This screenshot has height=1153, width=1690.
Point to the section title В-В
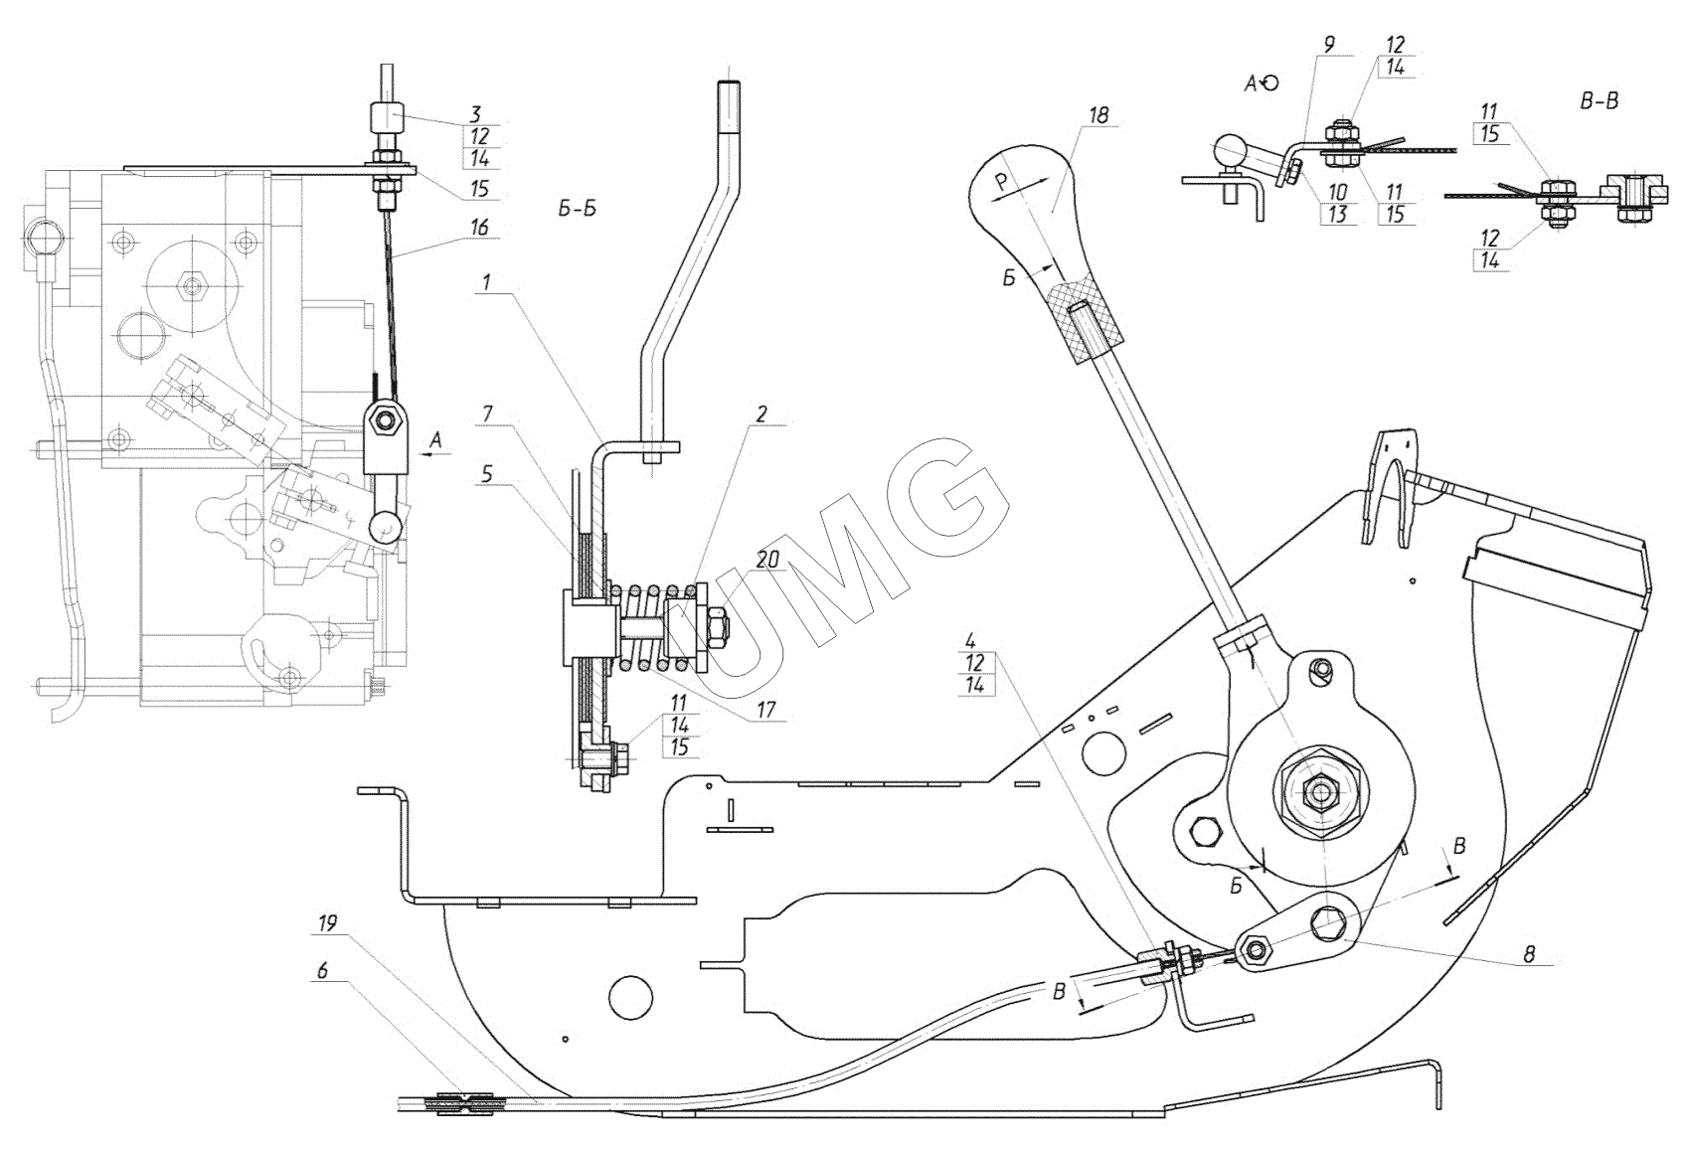click(1599, 101)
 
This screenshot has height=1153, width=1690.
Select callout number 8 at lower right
click(1529, 953)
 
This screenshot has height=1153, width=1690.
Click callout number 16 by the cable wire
click(478, 228)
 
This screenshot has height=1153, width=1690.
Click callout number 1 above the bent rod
click(487, 282)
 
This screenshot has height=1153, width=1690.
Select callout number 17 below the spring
click(764, 711)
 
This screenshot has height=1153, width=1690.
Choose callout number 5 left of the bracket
click(487, 474)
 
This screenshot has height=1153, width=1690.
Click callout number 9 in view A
click(1329, 45)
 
